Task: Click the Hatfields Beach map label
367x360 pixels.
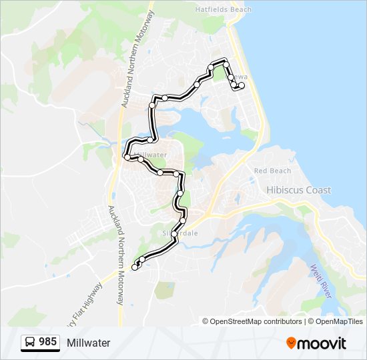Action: pyautogui.click(x=224, y=10)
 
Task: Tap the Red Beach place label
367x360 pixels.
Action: pyautogui.click(x=273, y=171)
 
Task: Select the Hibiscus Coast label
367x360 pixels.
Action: pyautogui.click(x=298, y=190)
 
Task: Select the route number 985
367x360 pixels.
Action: pyautogui.click(x=47, y=342)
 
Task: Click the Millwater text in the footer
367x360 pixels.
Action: pyautogui.click(x=88, y=343)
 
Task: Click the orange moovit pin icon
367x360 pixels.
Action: pyautogui.click(x=292, y=343)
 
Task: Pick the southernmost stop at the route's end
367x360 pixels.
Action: pyautogui.click(x=135, y=267)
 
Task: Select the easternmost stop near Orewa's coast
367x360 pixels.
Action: pyautogui.click(x=242, y=86)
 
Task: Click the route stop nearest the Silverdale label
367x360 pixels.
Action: pyautogui.click(x=174, y=234)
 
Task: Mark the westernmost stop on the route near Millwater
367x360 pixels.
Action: pyautogui.click(x=126, y=157)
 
